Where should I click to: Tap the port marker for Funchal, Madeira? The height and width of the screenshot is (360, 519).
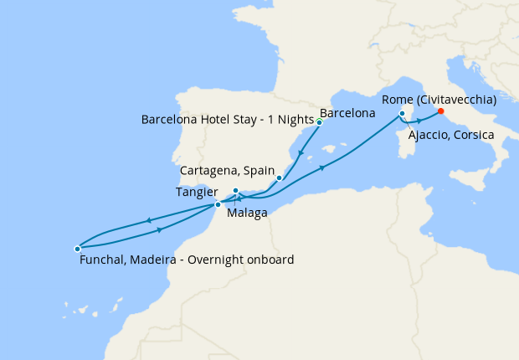click(x=77, y=248)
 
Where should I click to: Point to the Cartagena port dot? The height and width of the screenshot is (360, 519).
click(x=279, y=177)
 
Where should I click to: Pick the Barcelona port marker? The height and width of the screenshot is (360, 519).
click(x=319, y=121)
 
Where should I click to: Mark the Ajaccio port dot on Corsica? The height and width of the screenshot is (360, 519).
click(x=403, y=113)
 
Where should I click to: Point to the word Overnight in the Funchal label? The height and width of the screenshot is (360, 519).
click(x=217, y=260)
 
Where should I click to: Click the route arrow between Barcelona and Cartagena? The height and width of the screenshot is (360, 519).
click(x=300, y=152)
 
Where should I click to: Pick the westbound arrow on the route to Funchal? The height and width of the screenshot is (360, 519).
click(x=148, y=220)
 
